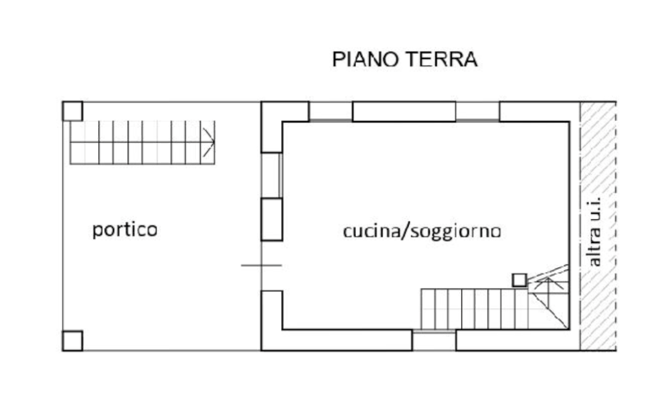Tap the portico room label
(124, 230)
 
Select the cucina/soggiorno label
(421, 231)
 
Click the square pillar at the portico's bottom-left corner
(71, 339)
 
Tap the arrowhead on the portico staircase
(207, 133)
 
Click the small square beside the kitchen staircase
(518, 280)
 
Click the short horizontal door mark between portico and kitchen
(262, 265)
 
